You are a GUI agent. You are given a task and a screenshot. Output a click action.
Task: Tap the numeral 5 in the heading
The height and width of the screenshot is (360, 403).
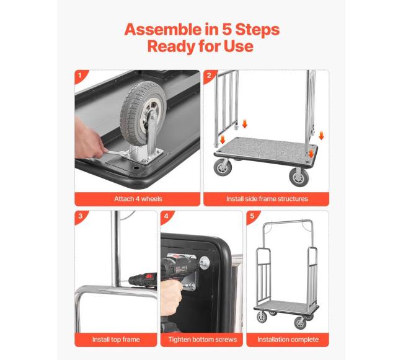tap(226, 29)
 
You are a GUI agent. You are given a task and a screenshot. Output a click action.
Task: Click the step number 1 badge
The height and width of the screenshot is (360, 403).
tap(81, 76)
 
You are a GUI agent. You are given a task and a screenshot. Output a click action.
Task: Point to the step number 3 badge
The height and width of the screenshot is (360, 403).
tap(81, 216)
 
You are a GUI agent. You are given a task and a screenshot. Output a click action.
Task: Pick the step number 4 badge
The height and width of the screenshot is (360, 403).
tap(166, 216)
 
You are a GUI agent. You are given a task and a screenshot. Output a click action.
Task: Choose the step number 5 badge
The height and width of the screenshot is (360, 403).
tap(252, 216)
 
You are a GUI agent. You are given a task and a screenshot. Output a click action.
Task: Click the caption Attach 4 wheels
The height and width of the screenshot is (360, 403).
tap(138, 199)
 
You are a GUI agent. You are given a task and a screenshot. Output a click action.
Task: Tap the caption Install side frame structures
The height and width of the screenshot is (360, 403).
tap(267, 199)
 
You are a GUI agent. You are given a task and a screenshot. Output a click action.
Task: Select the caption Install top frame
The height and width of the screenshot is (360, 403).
tap(116, 340)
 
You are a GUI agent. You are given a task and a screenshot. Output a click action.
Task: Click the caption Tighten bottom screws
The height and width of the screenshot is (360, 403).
tap(202, 340)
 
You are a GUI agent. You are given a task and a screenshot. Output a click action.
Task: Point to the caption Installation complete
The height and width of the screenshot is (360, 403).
tap(288, 340)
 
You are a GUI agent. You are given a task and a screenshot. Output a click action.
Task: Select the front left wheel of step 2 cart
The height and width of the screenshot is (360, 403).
tap(223, 167)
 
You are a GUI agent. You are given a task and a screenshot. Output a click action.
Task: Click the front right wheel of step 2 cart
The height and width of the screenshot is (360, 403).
tap(299, 177)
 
